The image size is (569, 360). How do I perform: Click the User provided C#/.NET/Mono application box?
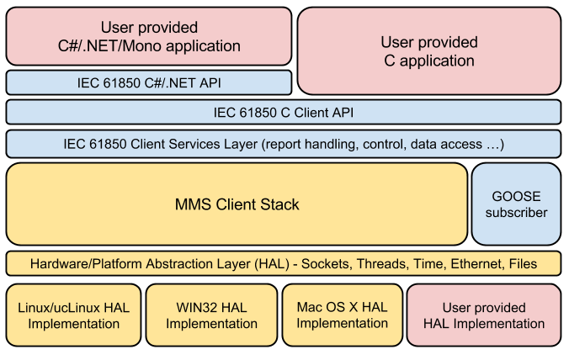point(148,37)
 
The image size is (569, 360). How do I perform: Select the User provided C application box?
point(429,51)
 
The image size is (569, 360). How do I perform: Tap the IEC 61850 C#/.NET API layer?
point(148,82)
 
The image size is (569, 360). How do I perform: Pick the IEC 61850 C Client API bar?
point(284,112)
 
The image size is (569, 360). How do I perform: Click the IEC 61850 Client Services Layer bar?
point(284,144)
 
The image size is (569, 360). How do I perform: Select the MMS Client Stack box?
point(237,204)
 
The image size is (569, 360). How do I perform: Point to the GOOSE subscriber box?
point(516,204)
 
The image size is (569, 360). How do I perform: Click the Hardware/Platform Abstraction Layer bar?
point(284,263)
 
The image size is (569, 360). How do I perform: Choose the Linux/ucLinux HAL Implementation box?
point(73,315)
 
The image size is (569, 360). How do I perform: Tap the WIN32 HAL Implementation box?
point(210,315)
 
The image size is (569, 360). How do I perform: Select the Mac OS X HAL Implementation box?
point(342,315)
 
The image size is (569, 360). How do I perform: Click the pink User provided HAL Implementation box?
point(484,315)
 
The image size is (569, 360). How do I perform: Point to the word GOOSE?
point(516,195)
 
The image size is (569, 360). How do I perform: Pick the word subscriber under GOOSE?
point(516,213)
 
